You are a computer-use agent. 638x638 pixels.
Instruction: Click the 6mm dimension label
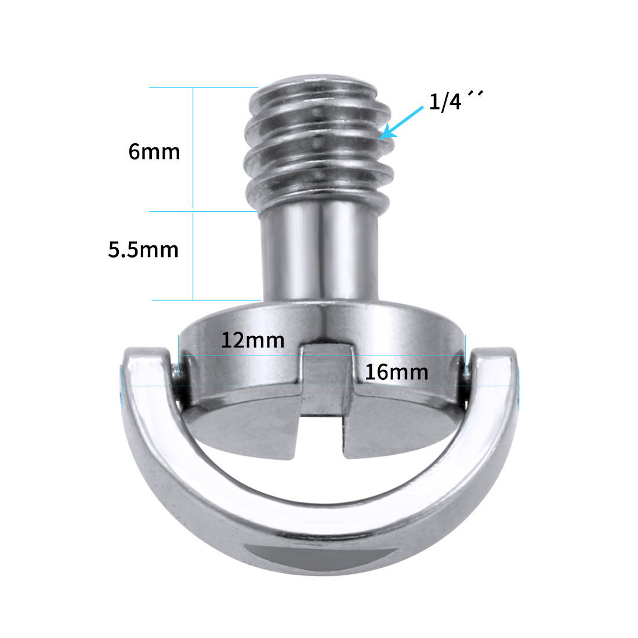pyautogui.click(x=154, y=152)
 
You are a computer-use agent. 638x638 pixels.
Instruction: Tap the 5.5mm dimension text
pyautogui.click(x=143, y=249)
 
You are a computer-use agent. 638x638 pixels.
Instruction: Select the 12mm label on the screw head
pyautogui.click(x=253, y=340)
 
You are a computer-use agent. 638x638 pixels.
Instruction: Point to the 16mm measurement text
pyautogui.click(x=396, y=372)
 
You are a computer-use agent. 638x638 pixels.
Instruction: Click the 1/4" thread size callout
pyautogui.click(x=456, y=101)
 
